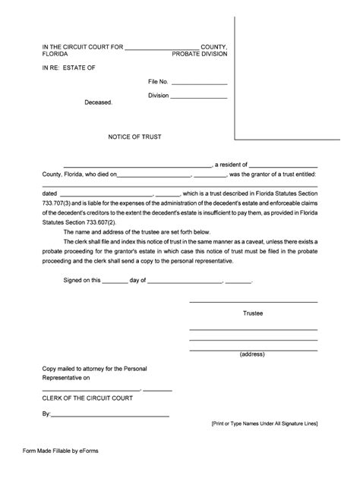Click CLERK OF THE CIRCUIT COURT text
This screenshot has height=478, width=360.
click(87, 398)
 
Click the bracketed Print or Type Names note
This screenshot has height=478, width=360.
click(264, 423)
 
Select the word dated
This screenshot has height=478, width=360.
click(50, 194)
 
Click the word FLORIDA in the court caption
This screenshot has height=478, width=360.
click(56, 55)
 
